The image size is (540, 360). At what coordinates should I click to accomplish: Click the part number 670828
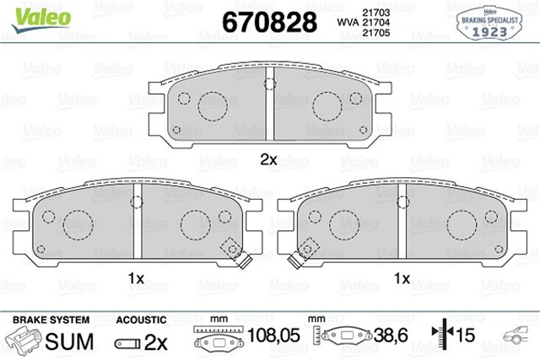point(267,21)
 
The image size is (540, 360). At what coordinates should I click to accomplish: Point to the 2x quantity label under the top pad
point(268,159)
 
